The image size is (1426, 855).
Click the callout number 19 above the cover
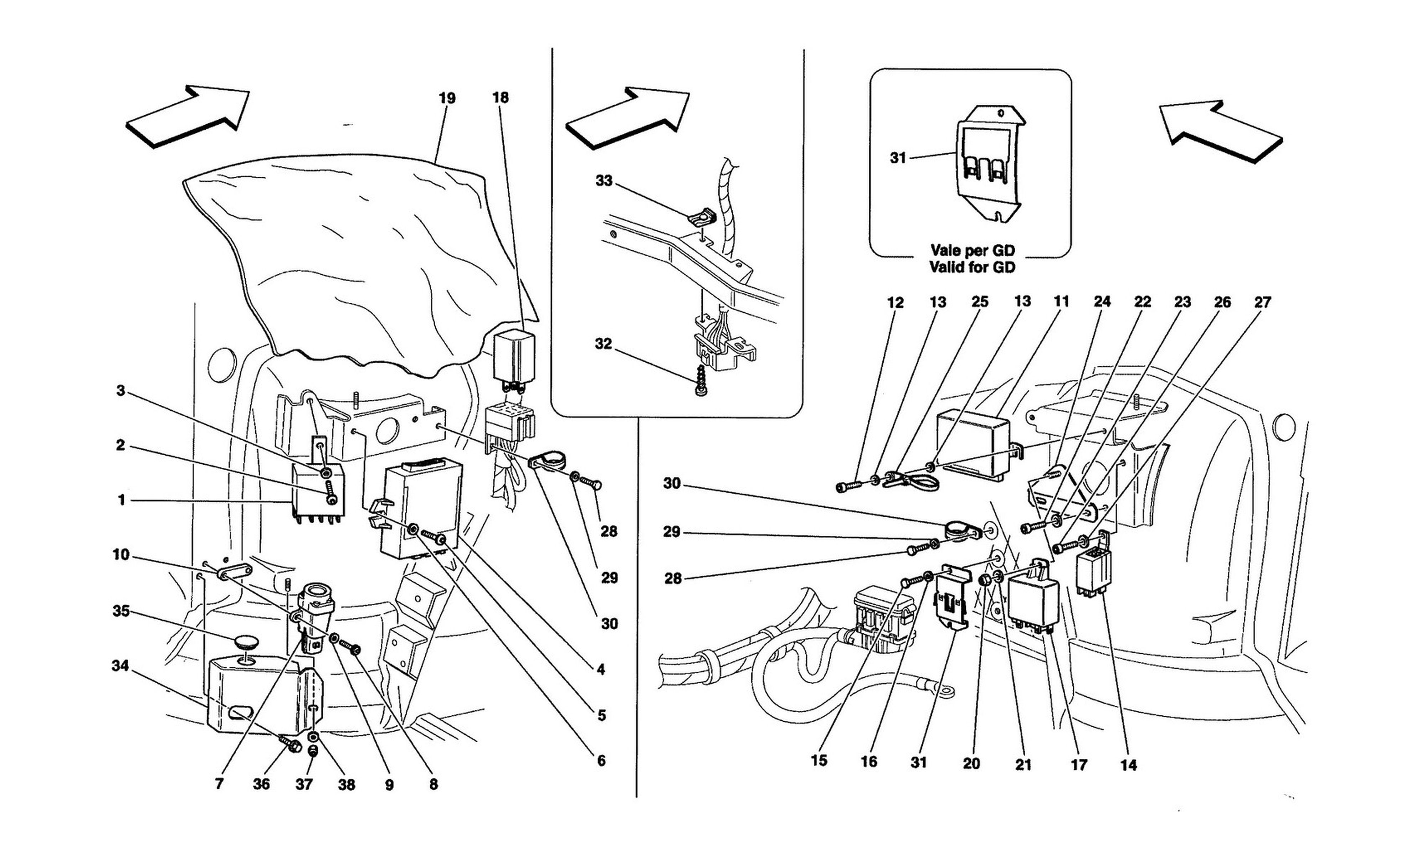[x=447, y=99]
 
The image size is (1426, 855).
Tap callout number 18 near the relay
[x=500, y=98]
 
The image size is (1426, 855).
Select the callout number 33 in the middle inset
[x=604, y=181]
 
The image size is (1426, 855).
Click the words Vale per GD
[x=973, y=251]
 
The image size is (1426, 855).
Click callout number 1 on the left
[x=122, y=501]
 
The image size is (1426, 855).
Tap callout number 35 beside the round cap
[x=121, y=611]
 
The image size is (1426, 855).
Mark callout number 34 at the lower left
[x=120, y=666]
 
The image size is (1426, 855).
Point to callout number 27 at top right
[x=1262, y=302]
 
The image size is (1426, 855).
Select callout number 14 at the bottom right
[x=1129, y=765]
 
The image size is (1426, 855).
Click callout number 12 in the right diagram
[x=896, y=302]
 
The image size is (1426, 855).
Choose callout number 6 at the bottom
[x=601, y=761]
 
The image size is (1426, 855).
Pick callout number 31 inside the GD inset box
[x=898, y=158]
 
